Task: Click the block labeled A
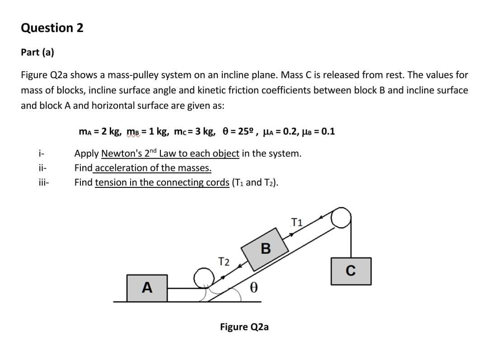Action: (x=146, y=287)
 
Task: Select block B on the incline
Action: (x=265, y=248)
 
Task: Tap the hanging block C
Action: (x=351, y=271)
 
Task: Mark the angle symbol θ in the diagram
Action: (x=254, y=288)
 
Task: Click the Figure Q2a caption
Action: (x=244, y=327)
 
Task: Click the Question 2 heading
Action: (x=52, y=28)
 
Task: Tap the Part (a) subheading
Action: (x=38, y=52)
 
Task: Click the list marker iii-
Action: (x=43, y=182)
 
